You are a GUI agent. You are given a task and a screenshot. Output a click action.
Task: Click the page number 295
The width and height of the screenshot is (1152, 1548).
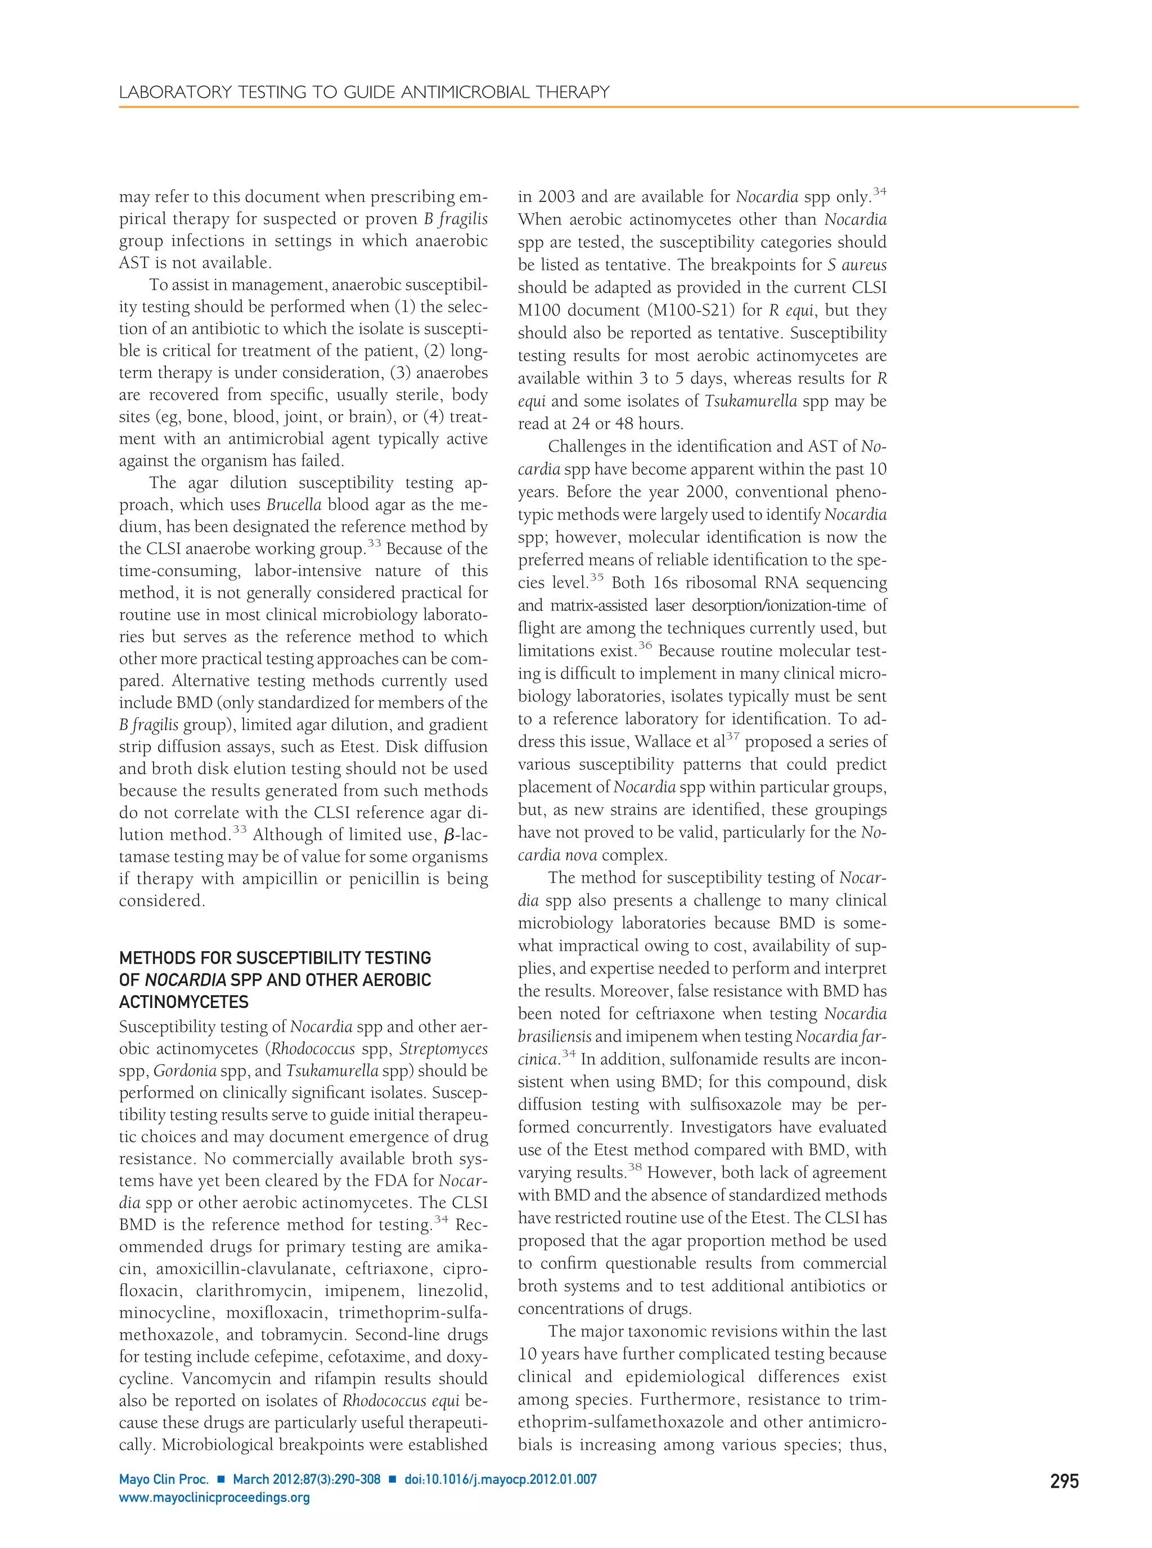pyautogui.click(x=1064, y=1480)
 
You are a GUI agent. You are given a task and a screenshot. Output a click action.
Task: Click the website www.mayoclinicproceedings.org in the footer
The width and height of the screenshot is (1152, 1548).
pyautogui.click(x=214, y=1497)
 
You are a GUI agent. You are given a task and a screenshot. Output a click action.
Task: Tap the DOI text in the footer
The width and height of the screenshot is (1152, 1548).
pyautogui.click(x=500, y=1479)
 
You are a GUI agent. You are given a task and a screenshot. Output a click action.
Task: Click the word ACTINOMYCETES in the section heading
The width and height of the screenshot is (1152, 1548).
pyautogui.click(x=183, y=1002)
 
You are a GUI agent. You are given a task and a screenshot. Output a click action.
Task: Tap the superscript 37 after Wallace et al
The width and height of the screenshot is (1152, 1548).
pyautogui.click(x=732, y=736)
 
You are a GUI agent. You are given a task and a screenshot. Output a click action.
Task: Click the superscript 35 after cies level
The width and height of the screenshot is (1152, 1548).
pyautogui.click(x=596, y=577)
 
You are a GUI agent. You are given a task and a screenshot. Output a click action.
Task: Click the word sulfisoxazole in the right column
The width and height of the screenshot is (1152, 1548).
pyautogui.click(x=739, y=1105)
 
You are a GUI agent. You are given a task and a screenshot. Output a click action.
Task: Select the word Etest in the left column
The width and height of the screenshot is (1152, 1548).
pyautogui.click(x=358, y=747)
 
